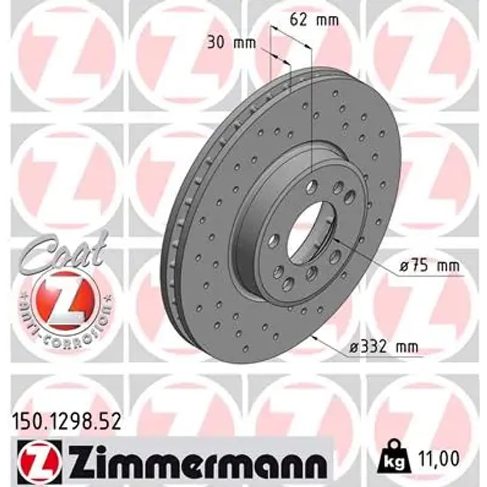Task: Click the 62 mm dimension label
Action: point(314,20)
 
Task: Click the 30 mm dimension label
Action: point(232,43)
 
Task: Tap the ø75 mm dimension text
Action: point(430,266)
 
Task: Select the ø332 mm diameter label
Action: point(384,347)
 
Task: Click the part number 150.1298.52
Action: point(66,422)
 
